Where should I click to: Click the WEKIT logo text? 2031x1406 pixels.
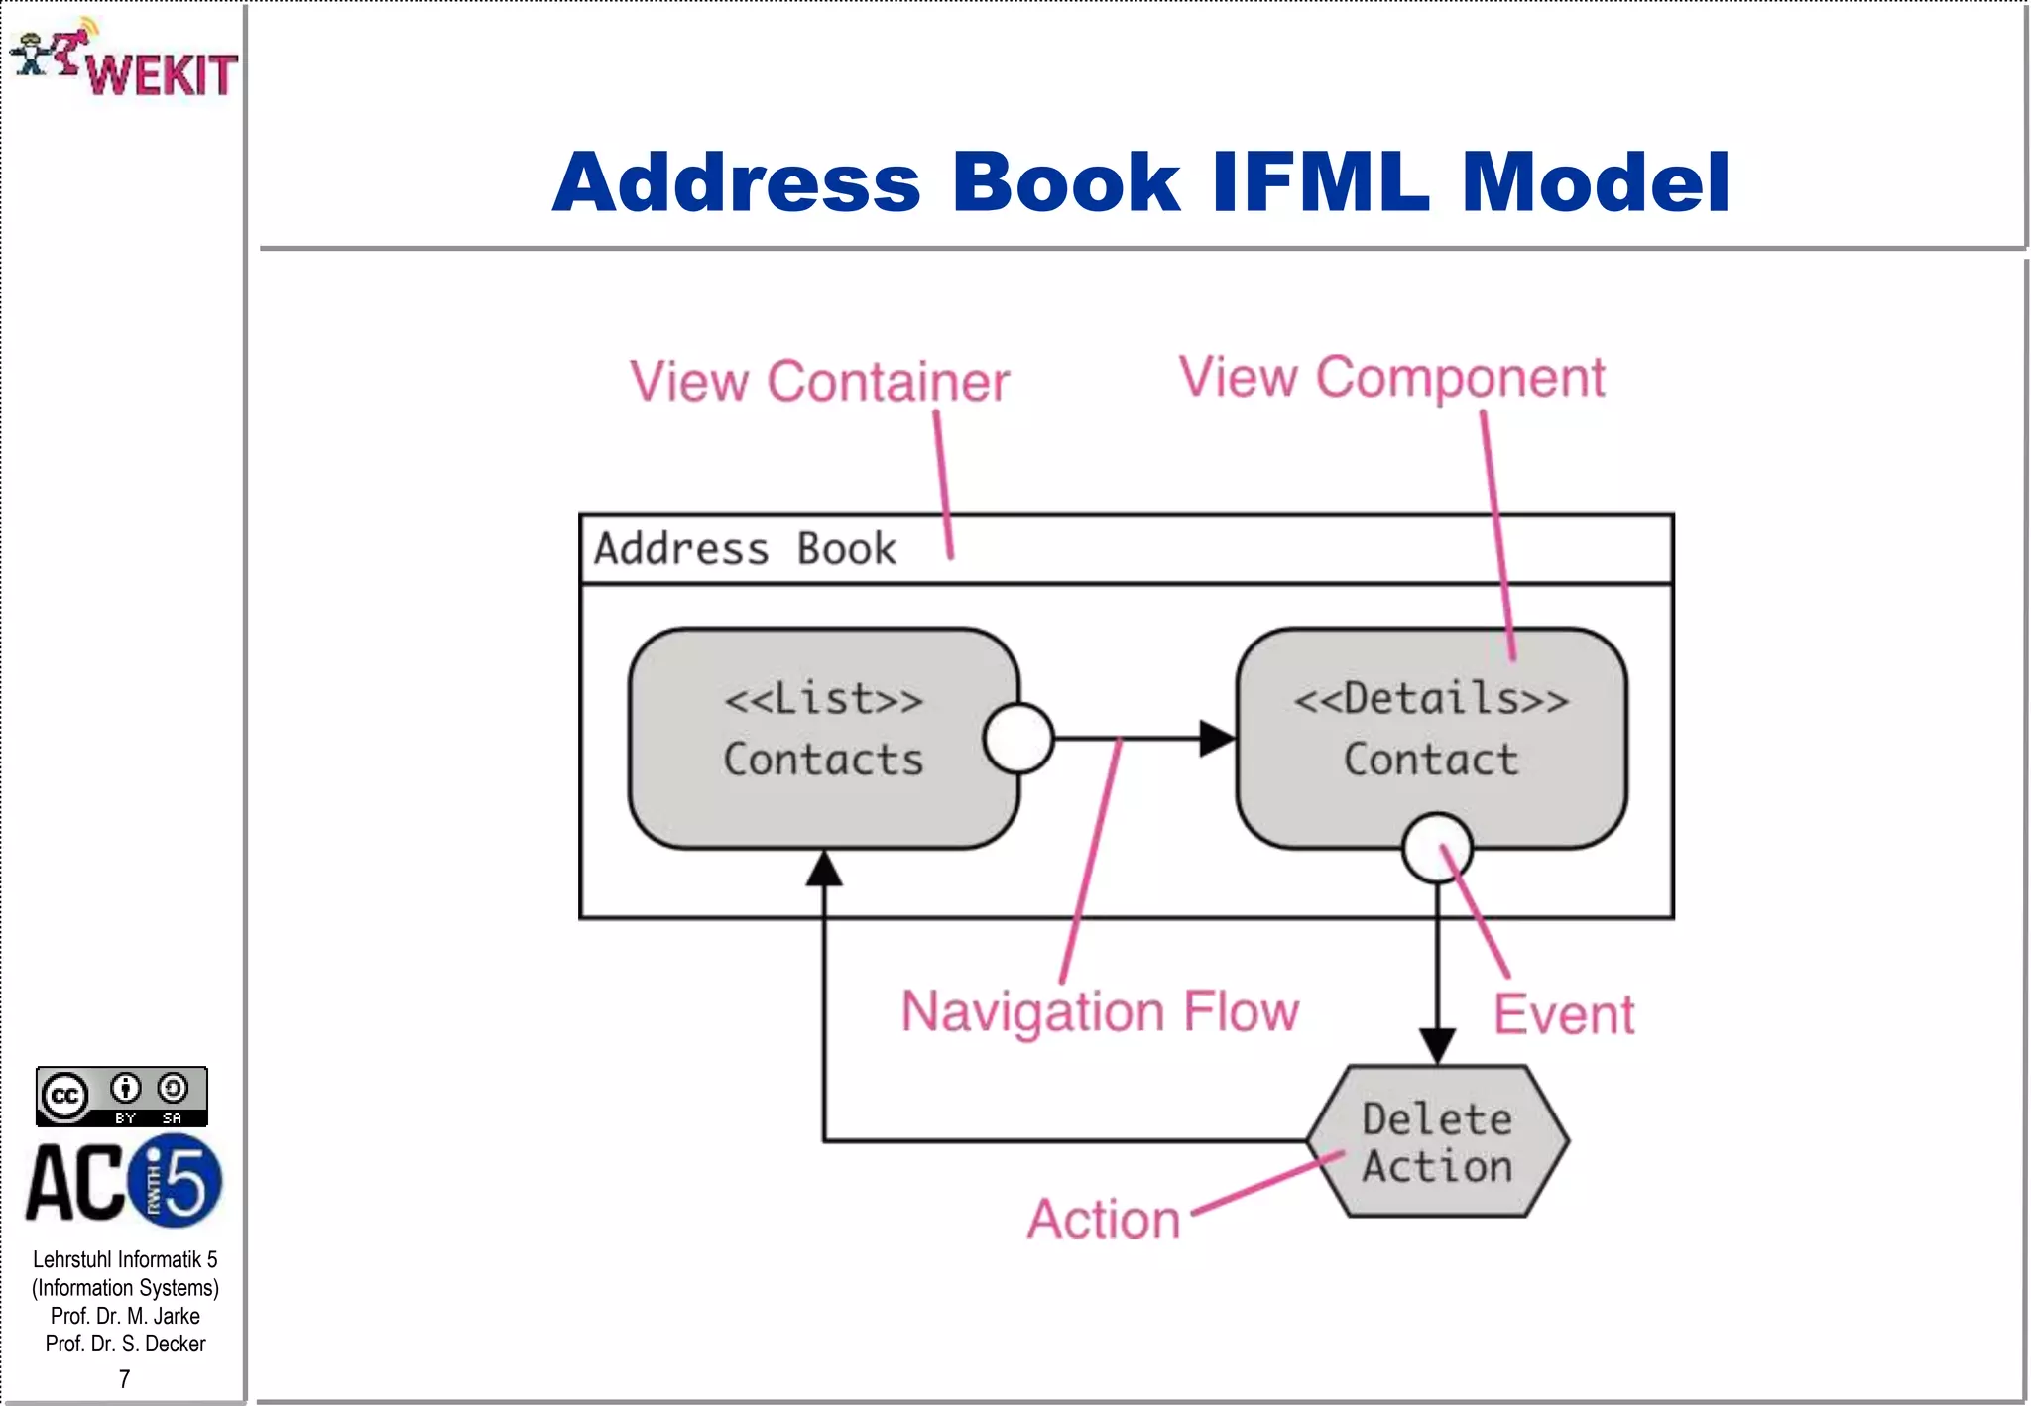click(x=162, y=75)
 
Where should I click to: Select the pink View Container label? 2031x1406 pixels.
click(x=819, y=382)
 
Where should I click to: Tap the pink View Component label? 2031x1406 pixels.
click(x=1390, y=378)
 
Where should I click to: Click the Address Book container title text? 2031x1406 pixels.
click(x=745, y=549)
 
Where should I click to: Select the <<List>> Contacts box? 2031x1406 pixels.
click(x=822, y=739)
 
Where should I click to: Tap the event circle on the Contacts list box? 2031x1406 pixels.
click(x=1017, y=739)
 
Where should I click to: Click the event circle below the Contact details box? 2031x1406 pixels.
click(x=1436, y=848)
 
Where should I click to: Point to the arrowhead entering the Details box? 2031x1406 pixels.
click(x=1217, y=739)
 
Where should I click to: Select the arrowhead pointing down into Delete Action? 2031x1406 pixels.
click(x=1436, y=1045)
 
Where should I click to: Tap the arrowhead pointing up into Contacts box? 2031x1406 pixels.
click(x=823, y=870)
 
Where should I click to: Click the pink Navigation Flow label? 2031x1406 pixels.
click(x=1099, y=1011)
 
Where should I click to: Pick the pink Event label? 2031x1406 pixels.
click(x=1563, y=1015)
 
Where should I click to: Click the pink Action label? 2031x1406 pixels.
click(x=1104, y=1220)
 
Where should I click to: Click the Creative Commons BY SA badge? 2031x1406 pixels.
click(x=121, y=1097)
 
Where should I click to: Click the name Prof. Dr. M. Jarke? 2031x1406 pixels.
click(x=125, y=1316)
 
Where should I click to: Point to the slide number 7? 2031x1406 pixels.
click(x=124, y=1379)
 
